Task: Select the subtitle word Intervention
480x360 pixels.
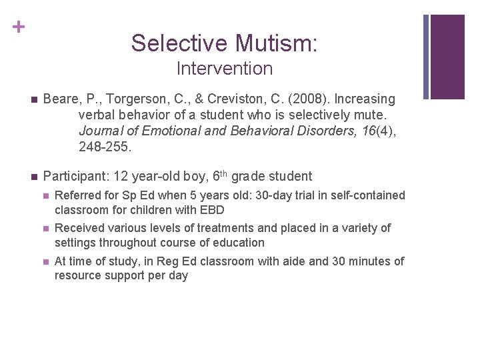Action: coord(225,69)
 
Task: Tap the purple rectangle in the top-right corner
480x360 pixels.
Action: coord(447,57)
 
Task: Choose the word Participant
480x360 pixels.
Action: coord(75,177)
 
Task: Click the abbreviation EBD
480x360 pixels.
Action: coord(211,209)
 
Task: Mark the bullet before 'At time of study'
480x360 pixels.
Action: coord(45,262)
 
